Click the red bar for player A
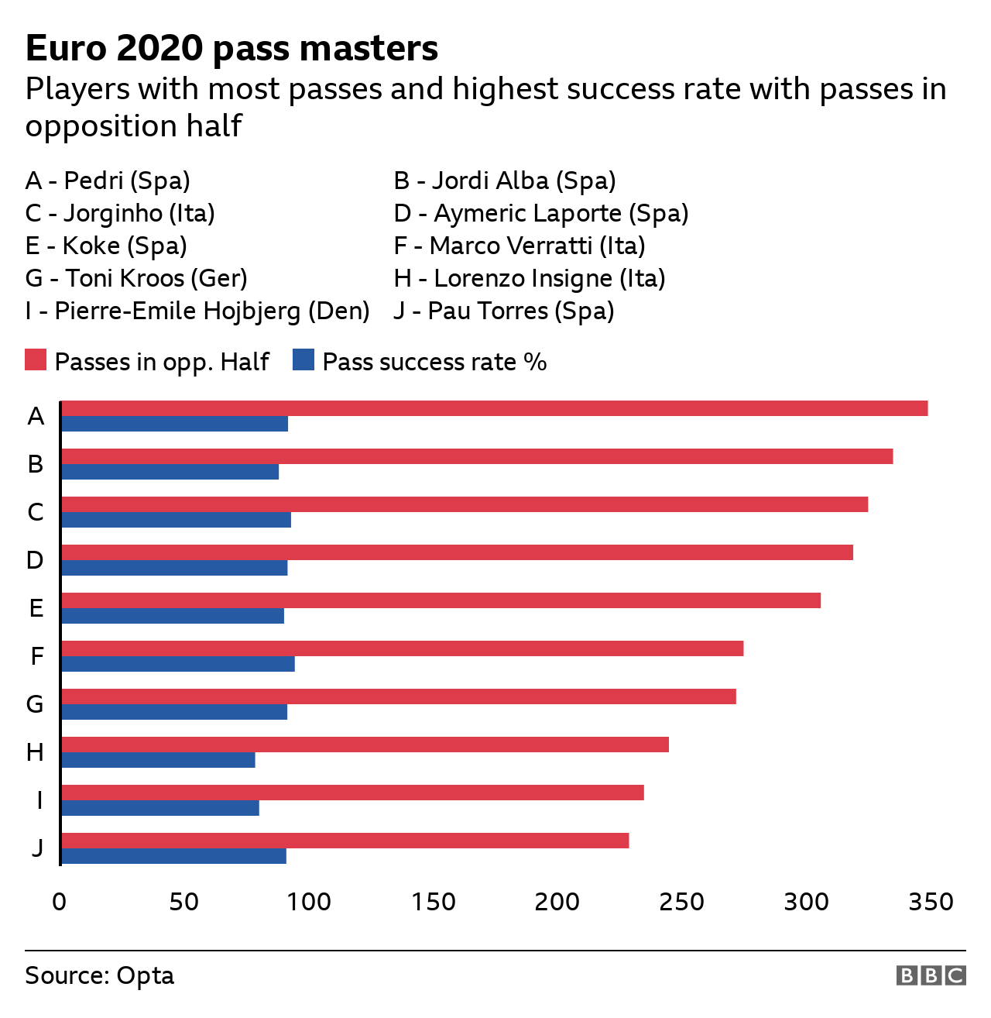tap(494, 408)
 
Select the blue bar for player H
tap(158, 760)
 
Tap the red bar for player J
tap(345, 841)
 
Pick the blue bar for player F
tap(177, 664)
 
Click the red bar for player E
tap(441, 600)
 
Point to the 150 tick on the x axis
tap(433, 902)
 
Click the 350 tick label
tap(931, 902)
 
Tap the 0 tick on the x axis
tap(60, 902)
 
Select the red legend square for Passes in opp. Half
tap(36, 360)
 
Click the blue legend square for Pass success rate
tap(303, 360)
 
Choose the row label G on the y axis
tap(35, 704)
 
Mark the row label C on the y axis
tap(35, 512)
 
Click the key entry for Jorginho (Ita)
tap(120, 213)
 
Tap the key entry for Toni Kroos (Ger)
tap(136, 278)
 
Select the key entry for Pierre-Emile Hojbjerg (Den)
tap(197, 311)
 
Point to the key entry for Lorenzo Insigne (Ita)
tap(530, 278)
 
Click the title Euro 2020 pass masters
tap(231, 48)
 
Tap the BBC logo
tap(931, 975)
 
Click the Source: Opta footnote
tap(99, 975)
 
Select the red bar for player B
tap(477, 456)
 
